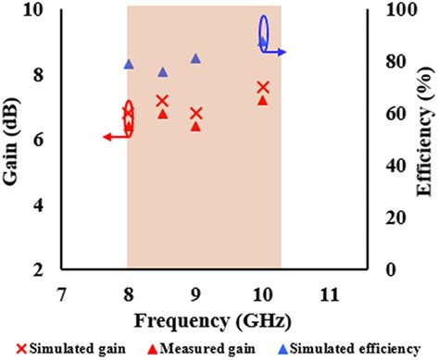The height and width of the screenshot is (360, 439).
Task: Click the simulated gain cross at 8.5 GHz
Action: pyautogui.click(x=162, y=101)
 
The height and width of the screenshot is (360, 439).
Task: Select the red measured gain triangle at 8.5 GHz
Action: pyautogui.click(x=162, y=114)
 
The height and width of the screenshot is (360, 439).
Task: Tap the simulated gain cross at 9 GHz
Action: pyautogui.click(x=195, y=113)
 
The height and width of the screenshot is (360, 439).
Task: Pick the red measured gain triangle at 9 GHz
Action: pyautogui.click(x=195, y=126)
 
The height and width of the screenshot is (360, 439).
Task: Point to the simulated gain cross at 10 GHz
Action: pyautogui.click(x=263, y=87)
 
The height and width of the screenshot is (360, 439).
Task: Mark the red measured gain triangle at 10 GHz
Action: pyautogui.click(x=263, y=100)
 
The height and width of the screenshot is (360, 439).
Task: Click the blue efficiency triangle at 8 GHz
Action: pyautogui.click(x=129, y=64)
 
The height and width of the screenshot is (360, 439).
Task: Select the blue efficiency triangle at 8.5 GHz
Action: pyautogui.click(x=162, y=72)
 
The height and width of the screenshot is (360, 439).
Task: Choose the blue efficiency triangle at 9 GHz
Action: pyautogui.click(x=195, y=58)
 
